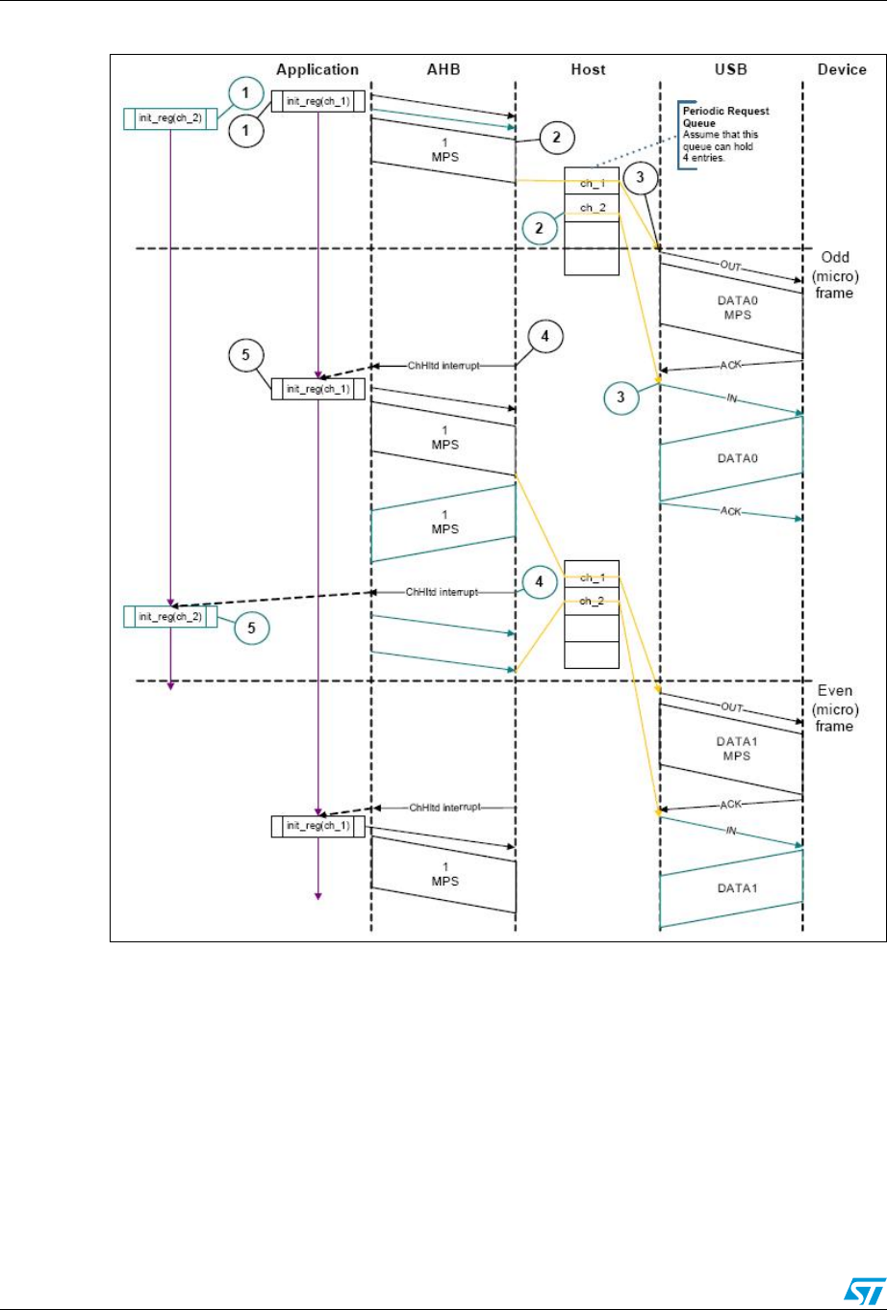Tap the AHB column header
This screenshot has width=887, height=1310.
point(441,70)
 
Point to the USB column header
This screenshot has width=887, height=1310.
point(730,70)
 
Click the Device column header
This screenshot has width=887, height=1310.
point(844,70)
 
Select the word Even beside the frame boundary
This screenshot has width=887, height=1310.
point(835,691)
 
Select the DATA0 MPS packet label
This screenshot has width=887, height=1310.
point(731,307)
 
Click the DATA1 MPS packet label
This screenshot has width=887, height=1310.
point(731,750)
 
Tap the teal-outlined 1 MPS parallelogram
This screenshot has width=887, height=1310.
point(443,523)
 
